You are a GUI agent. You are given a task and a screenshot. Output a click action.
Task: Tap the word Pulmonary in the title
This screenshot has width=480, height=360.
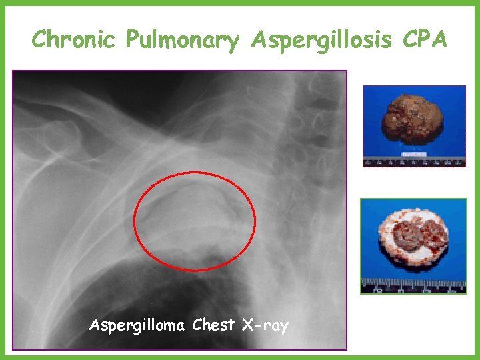[x=181, y=41]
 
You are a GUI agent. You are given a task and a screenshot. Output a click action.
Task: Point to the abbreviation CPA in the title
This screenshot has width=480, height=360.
[x=425, y=40]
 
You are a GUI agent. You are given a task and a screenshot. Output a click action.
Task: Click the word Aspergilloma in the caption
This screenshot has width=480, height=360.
[x=137, y=326]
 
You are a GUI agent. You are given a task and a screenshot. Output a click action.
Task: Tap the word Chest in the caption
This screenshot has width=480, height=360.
[x=213, y=325]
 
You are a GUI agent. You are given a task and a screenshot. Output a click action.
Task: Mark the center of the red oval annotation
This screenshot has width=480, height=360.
[x=195, y=221]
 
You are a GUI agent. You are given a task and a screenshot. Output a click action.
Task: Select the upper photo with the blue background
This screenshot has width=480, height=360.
[x=414, y=126]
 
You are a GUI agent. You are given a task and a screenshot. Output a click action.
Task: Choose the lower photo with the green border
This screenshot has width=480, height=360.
[x=413, y=246]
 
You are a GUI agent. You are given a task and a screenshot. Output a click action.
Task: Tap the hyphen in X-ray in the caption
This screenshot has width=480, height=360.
[x=257, y=327]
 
